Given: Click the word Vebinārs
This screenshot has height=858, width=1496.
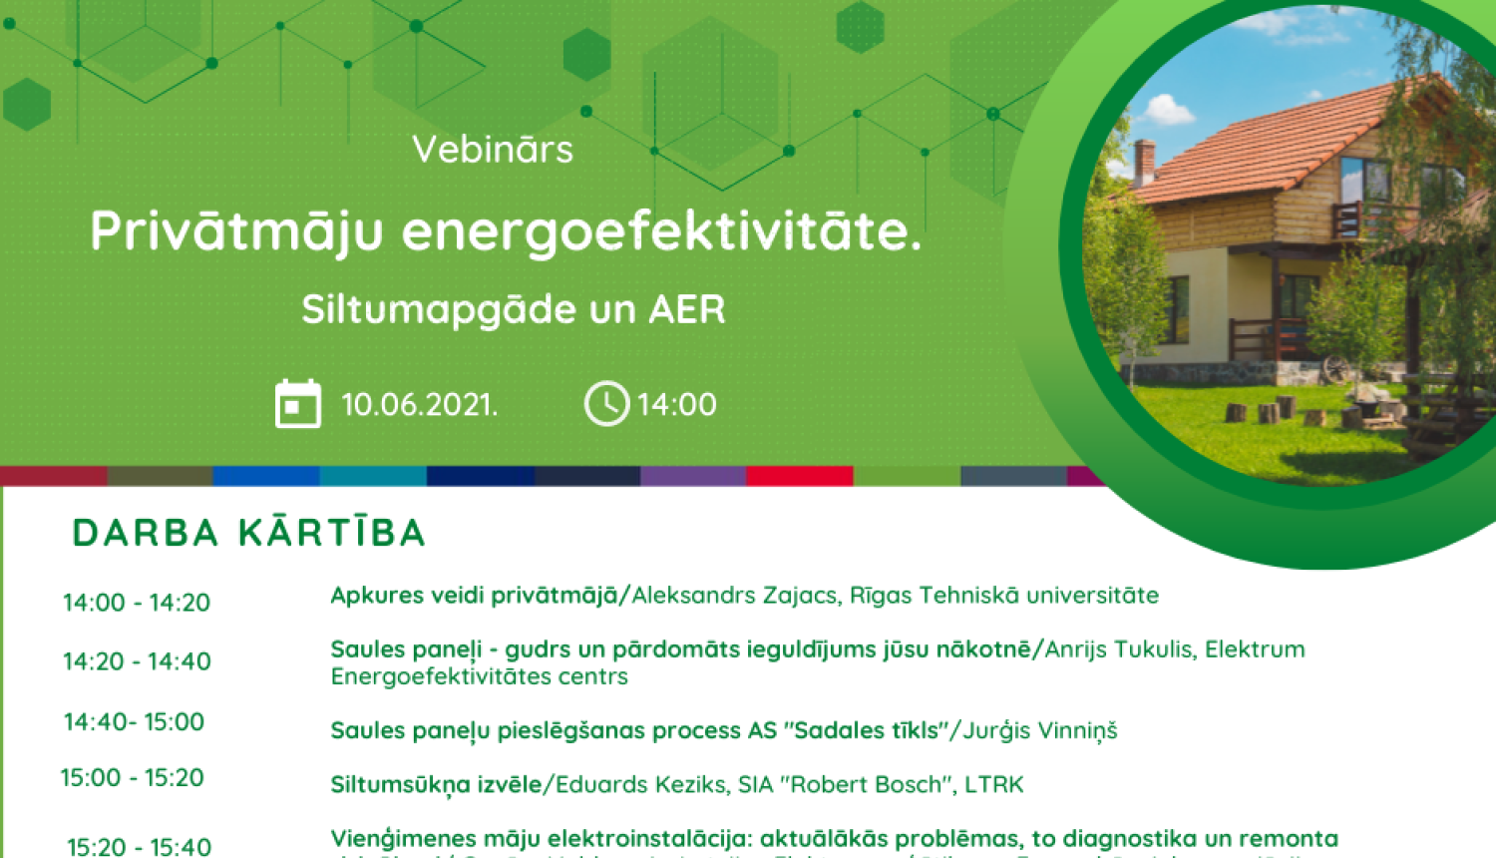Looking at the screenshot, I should (493, 150).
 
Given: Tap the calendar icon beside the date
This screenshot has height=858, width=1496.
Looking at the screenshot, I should (297, 404).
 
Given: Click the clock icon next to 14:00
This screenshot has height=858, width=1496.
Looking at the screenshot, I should (606, 404).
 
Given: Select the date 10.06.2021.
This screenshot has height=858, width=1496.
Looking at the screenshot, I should (419, 404).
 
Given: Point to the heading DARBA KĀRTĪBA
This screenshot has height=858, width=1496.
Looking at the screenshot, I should (249, 533).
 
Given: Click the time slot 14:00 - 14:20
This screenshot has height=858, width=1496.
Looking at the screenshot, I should (137, 603).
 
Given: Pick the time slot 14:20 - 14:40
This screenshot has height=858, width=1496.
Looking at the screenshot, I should (137, 661).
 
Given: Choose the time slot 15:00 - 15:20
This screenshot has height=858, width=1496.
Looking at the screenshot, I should (132, 777).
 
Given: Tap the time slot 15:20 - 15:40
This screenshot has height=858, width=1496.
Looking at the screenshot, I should (139, 847).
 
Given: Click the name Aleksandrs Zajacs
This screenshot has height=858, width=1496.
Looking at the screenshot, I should (734, 596).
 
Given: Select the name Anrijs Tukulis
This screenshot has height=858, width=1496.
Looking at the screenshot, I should (1118, 649).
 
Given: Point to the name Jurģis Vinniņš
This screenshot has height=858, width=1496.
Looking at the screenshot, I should (1040, 730).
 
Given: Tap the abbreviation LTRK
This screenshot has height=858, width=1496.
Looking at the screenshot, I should (993, 784).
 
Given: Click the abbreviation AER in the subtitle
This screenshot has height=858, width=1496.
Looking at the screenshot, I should (687, 309).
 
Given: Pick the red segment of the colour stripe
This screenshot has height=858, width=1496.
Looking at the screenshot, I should (799, 476).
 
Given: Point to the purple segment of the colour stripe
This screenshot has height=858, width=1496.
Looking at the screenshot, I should (692, 476).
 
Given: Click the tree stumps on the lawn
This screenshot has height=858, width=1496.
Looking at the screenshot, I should (1268, 410).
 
